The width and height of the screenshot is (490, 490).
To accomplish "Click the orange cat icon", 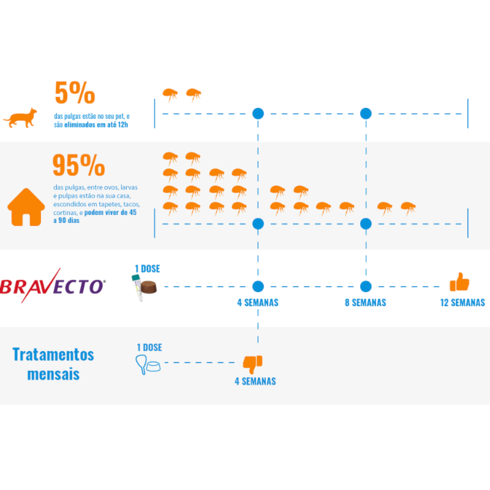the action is pos(20,118).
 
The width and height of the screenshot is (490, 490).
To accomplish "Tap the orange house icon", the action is pos(26,207).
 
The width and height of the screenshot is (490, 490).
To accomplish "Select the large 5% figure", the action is pos(75,92).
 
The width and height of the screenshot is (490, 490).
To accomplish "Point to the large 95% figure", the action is pos(79,165).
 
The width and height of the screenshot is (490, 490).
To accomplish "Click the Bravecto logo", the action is pos(53,285).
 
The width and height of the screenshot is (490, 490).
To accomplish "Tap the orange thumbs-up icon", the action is pos(459,282).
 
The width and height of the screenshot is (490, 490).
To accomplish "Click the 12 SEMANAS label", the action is pos(462,303).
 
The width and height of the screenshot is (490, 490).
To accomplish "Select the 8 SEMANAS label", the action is pos(365,303).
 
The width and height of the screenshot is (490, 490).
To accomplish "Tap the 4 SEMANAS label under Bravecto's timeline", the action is pos(258,303).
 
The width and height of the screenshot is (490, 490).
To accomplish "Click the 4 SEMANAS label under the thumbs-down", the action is pos(255,381).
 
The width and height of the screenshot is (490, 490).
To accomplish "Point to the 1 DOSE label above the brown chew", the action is pos(148,269).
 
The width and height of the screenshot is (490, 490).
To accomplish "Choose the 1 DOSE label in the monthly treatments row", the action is pos(149,347).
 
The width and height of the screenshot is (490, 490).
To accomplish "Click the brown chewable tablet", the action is pos(149,287).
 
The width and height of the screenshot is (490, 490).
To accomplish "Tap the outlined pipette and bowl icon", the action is pos(148,364).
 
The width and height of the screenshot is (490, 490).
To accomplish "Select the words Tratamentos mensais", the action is pos(53,364).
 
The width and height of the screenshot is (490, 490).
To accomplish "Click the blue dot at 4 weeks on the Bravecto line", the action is pos(258,286).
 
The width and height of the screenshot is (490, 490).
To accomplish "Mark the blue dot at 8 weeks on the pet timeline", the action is pos(366,113).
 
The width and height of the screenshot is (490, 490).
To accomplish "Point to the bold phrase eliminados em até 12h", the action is pos(96,125).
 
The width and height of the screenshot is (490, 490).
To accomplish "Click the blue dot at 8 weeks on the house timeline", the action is pos(366,224).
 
